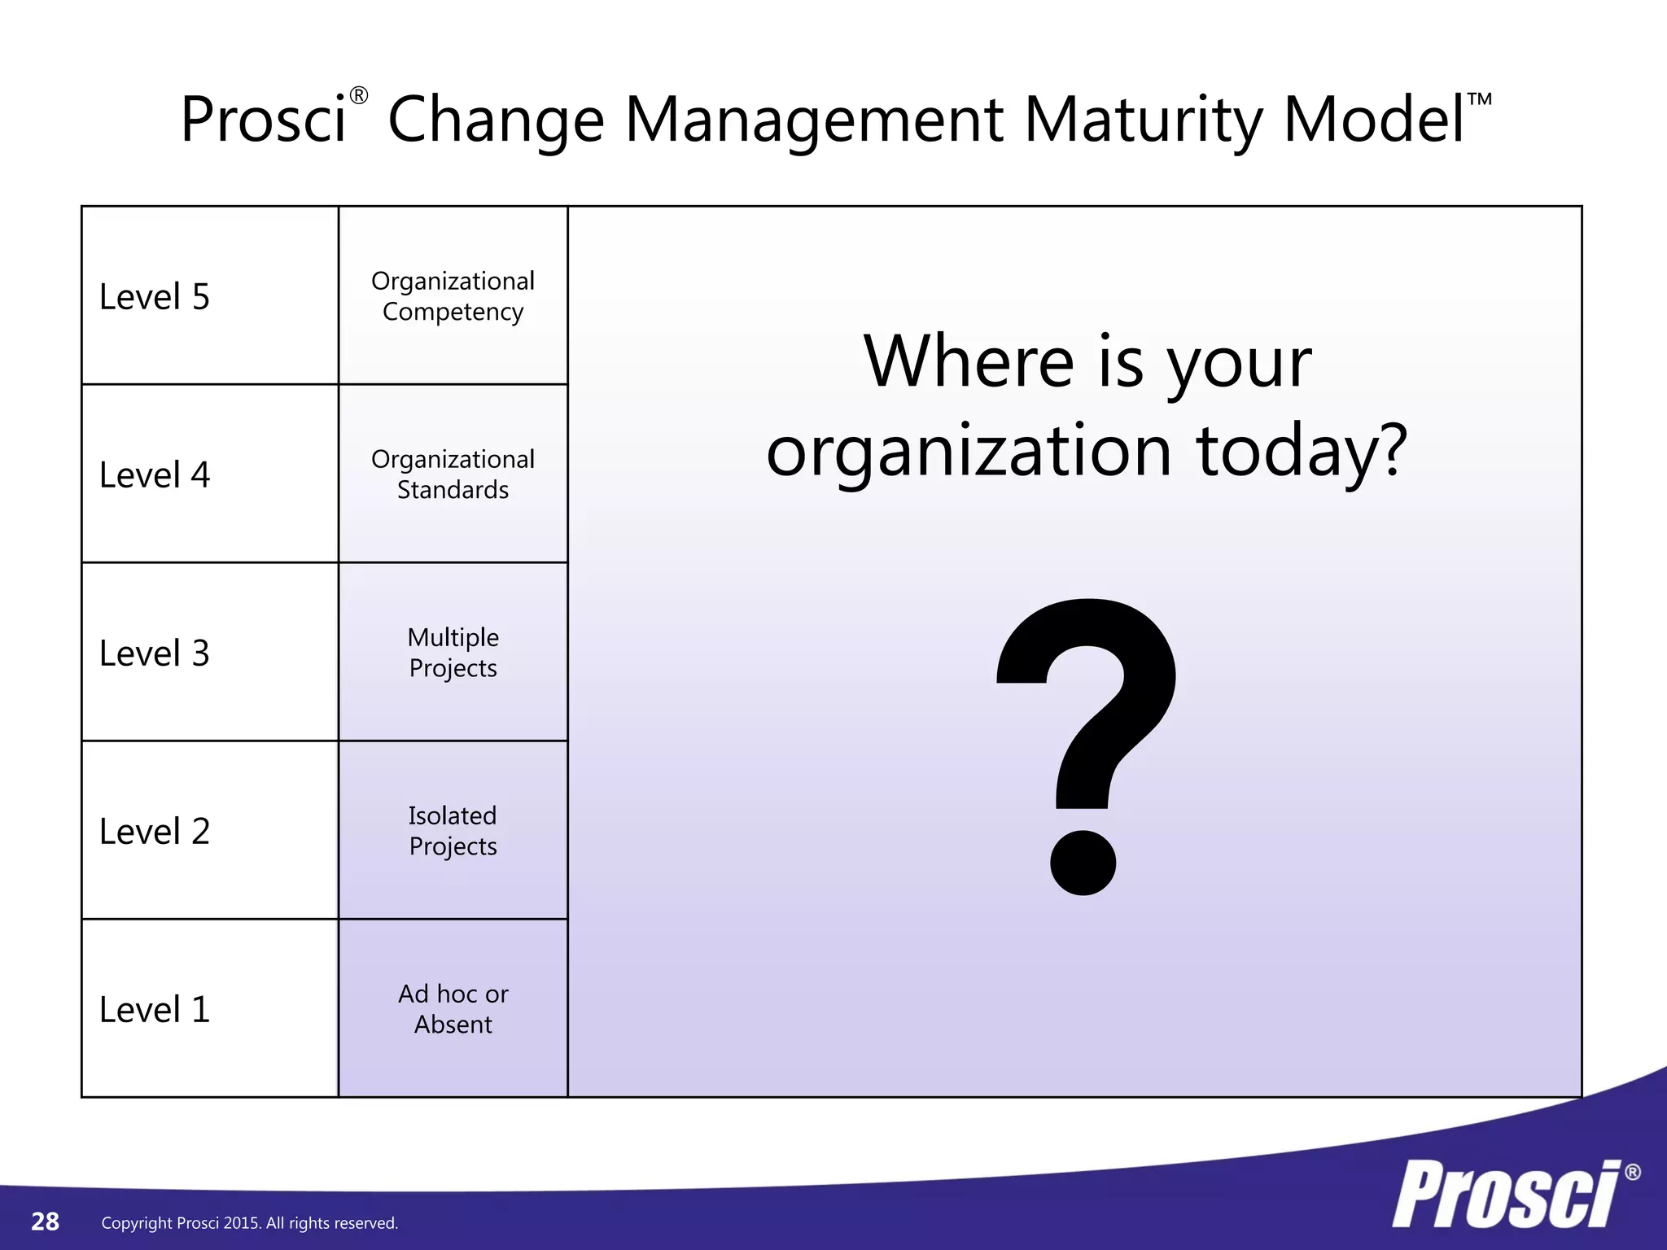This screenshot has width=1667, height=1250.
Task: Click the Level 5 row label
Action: click(x=155, y=297)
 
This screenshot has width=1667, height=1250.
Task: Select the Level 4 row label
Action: click(x=155, y=475)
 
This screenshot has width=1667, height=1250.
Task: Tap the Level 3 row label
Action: click(x=155, y=653)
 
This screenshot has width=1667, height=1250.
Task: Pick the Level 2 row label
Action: click(x=155, y=832)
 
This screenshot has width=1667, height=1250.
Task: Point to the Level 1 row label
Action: click(x=155, y=1010)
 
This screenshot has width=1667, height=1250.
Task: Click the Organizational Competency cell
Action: click(x=453, y=296)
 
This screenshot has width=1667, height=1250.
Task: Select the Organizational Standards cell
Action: click(x=453, y=474)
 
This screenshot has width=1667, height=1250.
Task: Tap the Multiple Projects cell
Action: click(x=453, y=653)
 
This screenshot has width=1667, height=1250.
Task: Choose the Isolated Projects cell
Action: click(x=453, y=831)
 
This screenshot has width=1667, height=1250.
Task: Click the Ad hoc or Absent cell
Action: click(x=453, y=1009)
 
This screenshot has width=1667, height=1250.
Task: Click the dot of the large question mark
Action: click(x=1083, y=863)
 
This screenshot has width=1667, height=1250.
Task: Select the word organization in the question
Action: click(x=969, y=452)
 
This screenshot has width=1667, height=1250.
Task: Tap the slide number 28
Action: click(x=45, y=1222)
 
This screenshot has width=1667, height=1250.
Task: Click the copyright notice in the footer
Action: click(x=249, y=1223)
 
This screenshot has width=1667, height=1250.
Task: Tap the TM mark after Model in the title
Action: click(x=1479, y=99)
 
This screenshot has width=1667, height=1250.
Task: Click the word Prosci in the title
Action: click(x=263, y=120)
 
